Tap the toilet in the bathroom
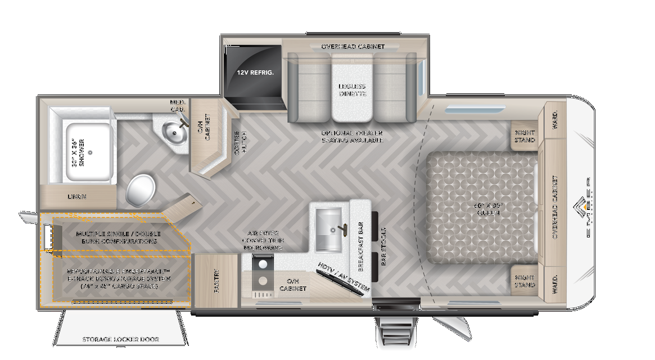[x=141, y=190]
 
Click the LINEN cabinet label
[x=76, y=197]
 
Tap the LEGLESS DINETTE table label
[x=352, y=90]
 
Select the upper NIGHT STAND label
[x=525, y=137]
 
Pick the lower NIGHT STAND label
[x=525, y=281]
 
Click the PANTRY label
[x=217, y=281]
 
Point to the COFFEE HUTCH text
[x=241, y=143]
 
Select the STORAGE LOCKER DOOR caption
[x=121, y=339]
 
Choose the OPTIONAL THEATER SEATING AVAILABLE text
[x=352, y=137]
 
